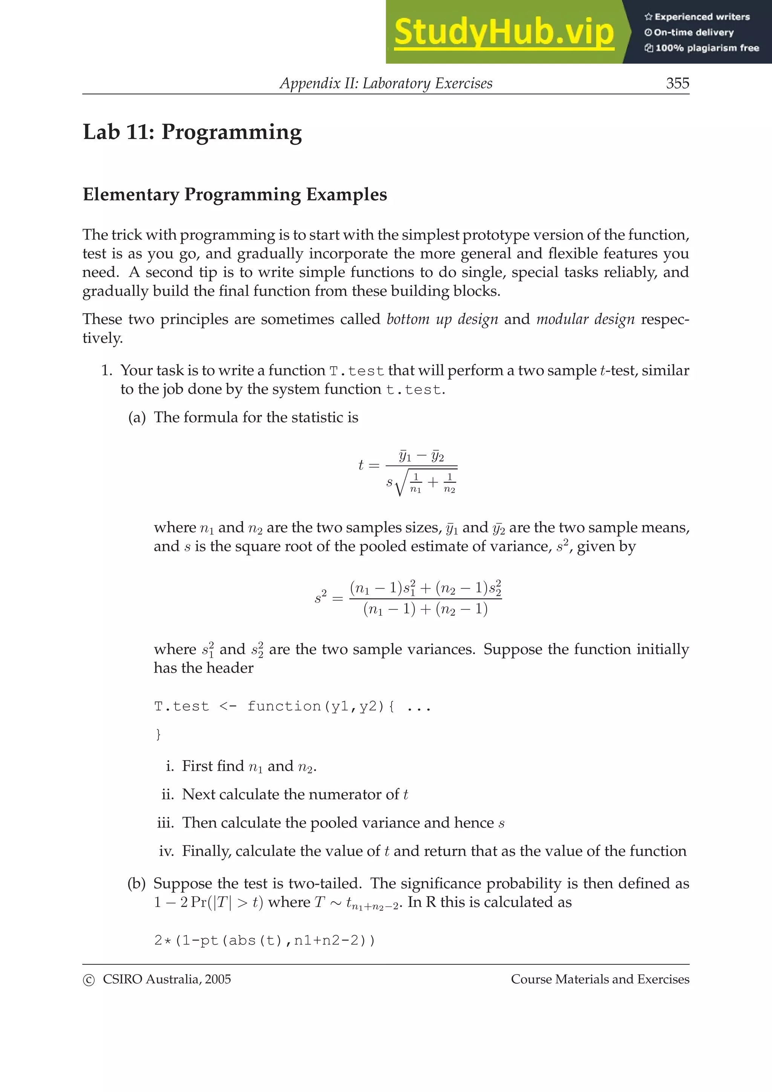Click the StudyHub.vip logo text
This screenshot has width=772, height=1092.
[503, 32]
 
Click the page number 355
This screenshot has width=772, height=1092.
[677, 83]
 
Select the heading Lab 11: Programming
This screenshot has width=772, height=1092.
[192, 132]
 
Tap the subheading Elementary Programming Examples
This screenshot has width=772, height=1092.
[234, 194]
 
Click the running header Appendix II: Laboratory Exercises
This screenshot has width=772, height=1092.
[386, 83]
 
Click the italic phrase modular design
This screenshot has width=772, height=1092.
[585, 319]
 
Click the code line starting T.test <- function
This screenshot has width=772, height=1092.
[292, 706]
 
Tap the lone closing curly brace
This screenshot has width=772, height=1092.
[158, 734]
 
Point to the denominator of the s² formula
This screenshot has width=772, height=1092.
[425, 609]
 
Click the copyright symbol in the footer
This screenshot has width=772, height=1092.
[89, 980]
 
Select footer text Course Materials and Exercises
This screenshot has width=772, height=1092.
[599, 979]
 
